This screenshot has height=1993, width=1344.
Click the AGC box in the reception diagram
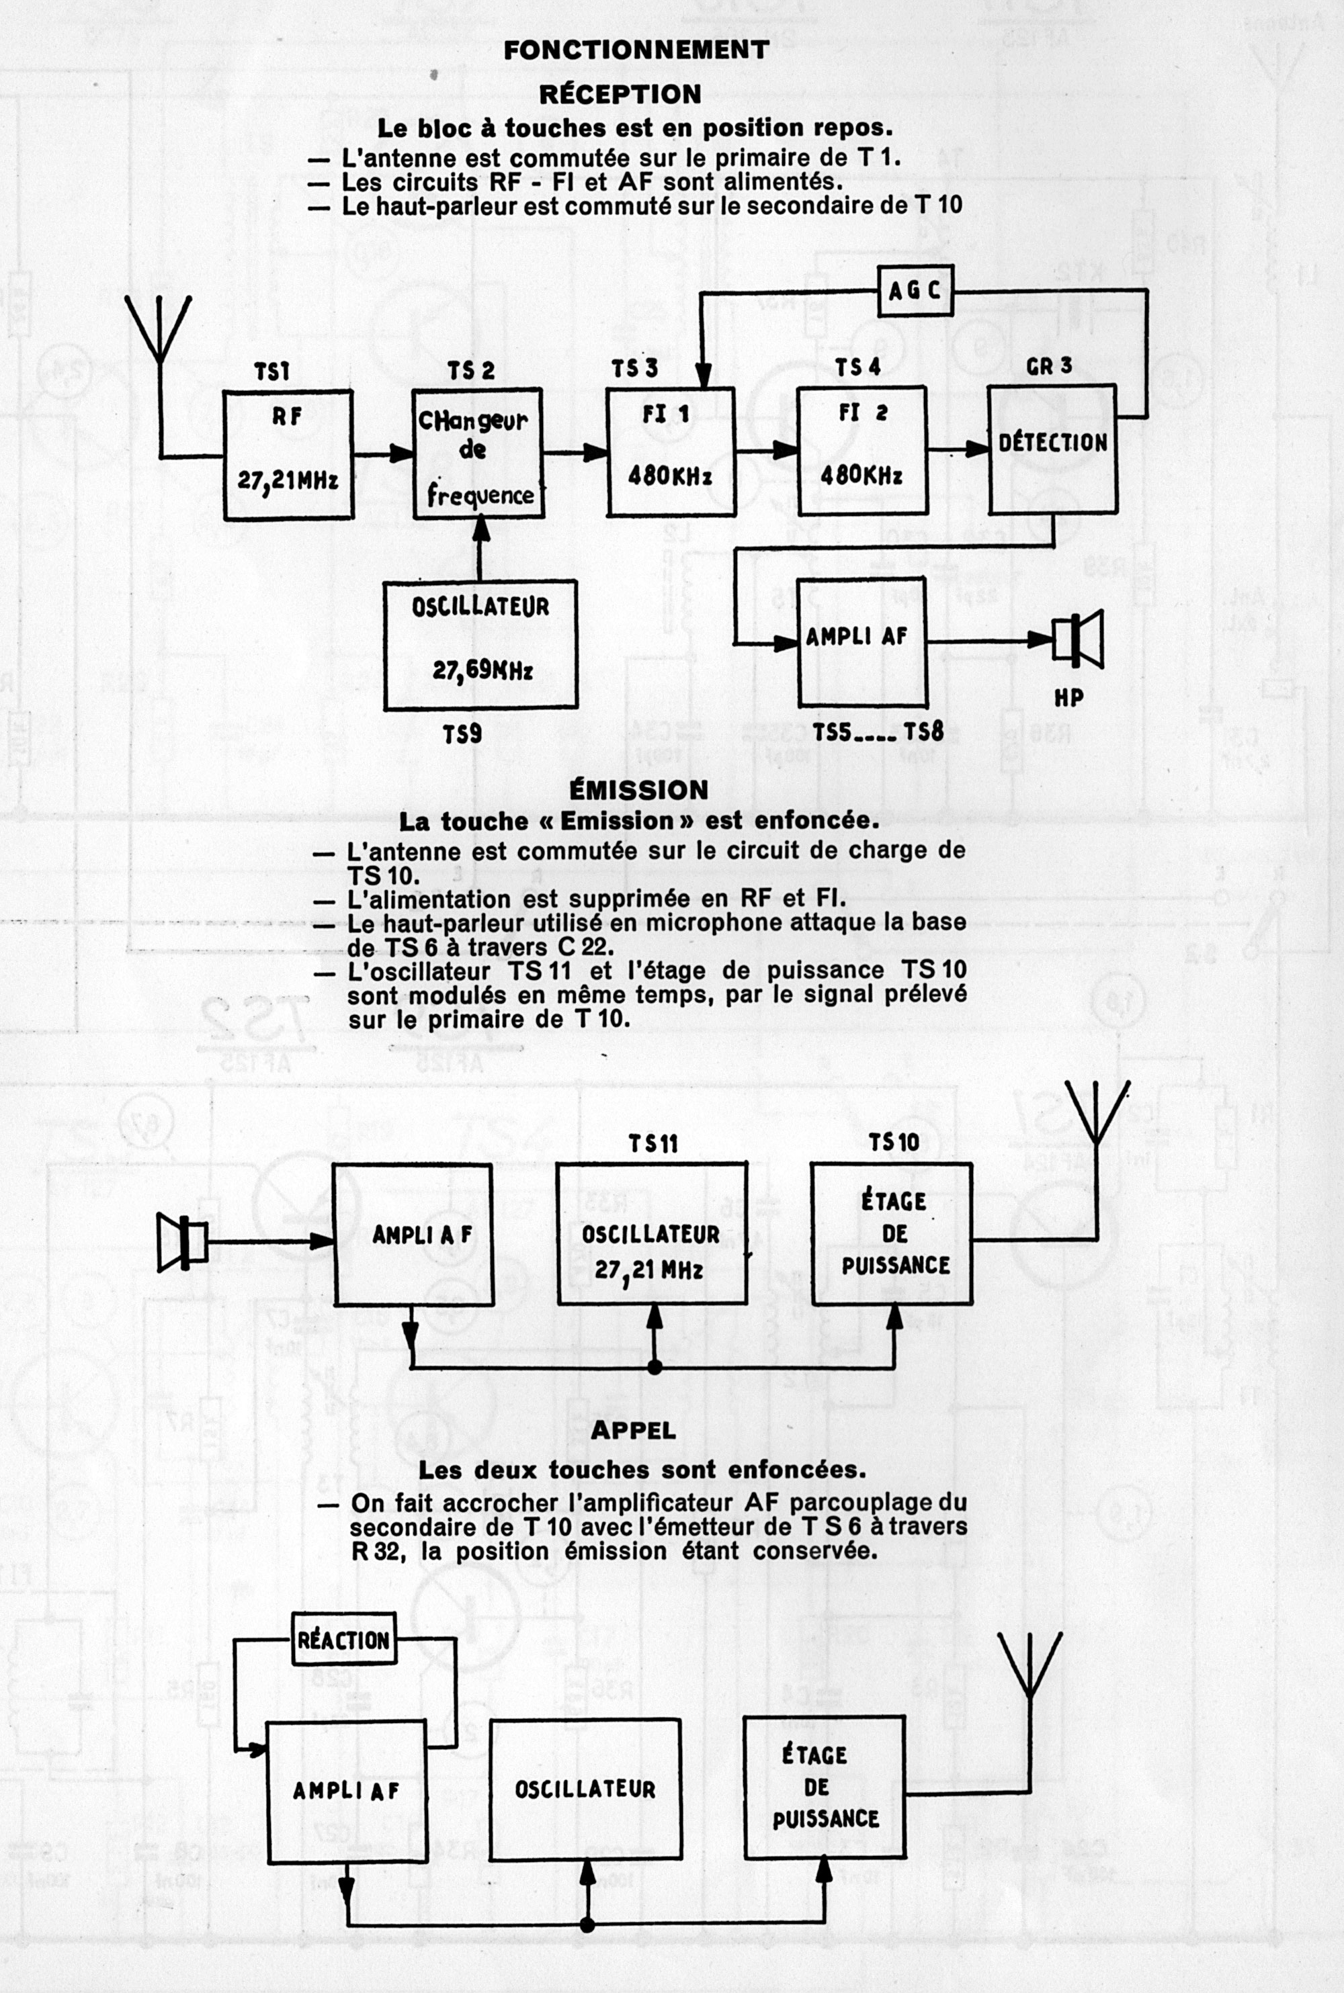[915, 290]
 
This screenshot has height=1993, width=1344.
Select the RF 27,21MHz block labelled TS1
[288, 454]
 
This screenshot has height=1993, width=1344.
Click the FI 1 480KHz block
[670, 451]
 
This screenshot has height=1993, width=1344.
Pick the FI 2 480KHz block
[862, 451]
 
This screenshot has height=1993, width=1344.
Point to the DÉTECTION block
[1052, 448]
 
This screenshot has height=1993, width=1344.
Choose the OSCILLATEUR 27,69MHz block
[480, 644]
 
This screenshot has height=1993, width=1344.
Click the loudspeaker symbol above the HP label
[1079, 638]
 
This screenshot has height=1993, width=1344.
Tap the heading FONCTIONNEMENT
[636, 50]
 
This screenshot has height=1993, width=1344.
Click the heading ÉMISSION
[638, 789]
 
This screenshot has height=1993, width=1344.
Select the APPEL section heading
[634, 1429]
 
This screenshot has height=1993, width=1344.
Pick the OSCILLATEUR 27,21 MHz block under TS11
[651, 1234]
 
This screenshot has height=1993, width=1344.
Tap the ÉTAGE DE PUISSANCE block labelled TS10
[892, 1234]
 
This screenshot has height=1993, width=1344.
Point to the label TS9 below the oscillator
[462, 734]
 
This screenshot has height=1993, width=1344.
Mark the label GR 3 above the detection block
[1049, 366]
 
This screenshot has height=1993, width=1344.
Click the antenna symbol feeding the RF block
[159, 330]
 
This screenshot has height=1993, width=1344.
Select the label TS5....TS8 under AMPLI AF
[878, 732]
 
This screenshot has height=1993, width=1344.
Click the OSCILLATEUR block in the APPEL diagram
[585, 1788]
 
